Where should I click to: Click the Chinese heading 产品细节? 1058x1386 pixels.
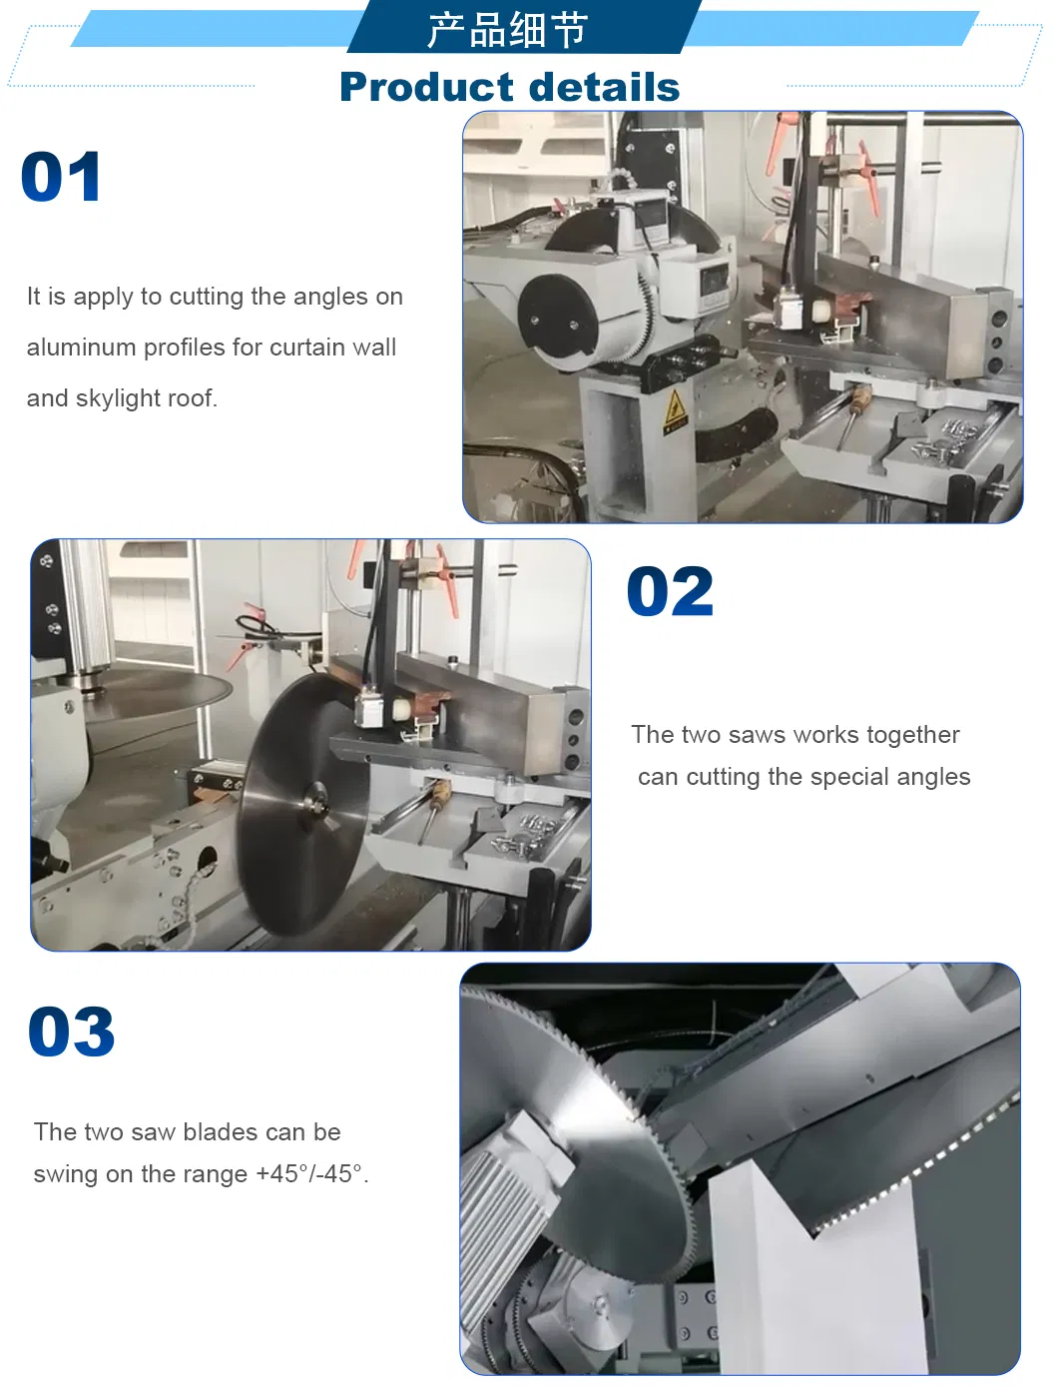coord(508,30)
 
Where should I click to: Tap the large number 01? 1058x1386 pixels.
coord(61,177)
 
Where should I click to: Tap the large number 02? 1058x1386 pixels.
coord(670,591)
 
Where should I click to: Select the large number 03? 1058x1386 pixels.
coord(71,1031)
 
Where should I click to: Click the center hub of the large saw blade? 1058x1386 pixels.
coord(315,804)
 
